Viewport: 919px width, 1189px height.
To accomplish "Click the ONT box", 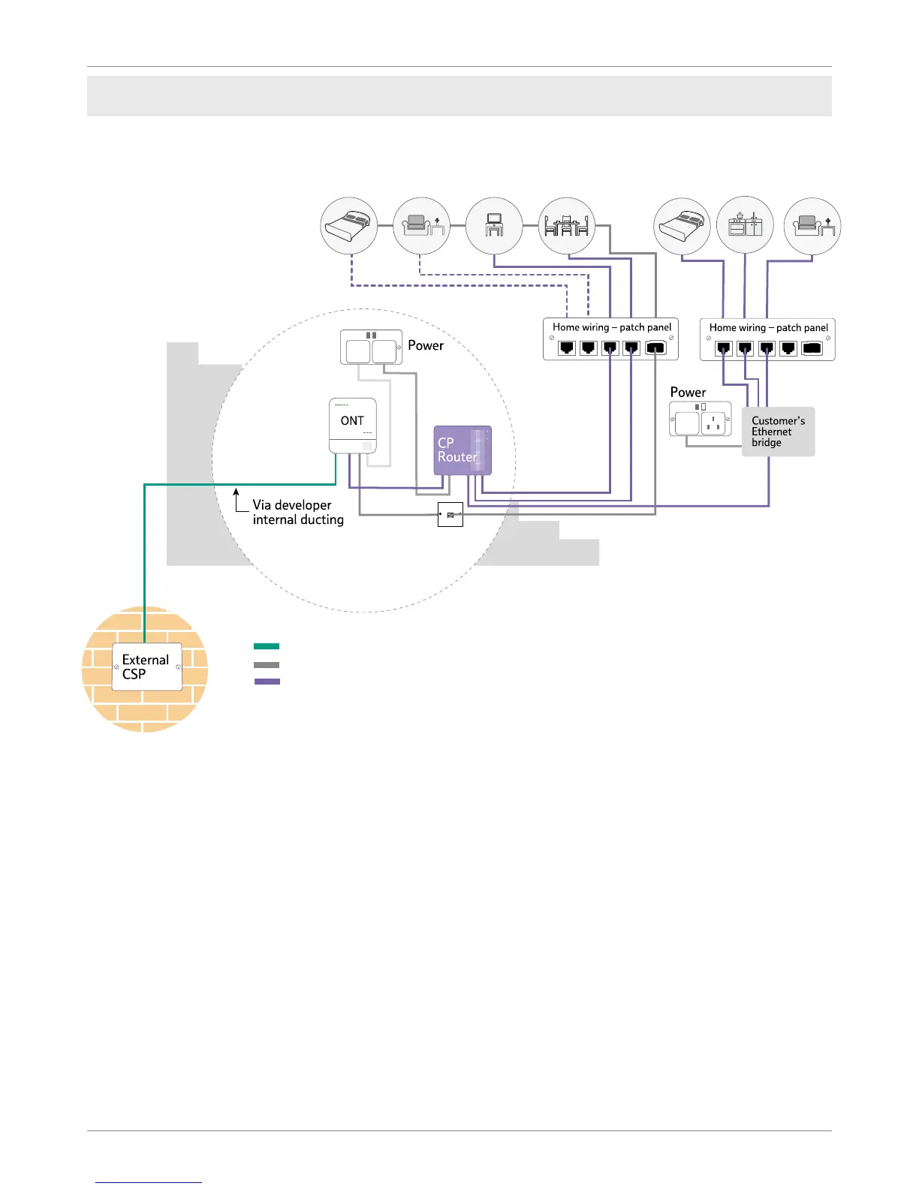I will coord(353,425).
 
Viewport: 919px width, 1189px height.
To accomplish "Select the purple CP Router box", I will coord(463,450).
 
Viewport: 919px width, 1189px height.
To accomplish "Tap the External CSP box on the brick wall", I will coord(147,667).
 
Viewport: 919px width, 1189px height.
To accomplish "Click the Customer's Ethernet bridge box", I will coord(778,432).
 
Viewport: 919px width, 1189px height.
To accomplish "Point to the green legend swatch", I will coord(267,646).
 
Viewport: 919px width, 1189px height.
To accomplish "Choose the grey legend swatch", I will coord(267,664).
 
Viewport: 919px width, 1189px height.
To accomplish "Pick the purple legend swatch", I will coord(267,682).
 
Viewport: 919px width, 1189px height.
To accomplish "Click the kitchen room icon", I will coord(745,226).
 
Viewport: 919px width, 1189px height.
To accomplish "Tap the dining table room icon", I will coord(567,226).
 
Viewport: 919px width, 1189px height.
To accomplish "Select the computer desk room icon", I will coord(494,226).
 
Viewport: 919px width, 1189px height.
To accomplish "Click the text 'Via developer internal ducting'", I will coord(298,512).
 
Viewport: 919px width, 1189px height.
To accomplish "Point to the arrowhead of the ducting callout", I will coord(236,492).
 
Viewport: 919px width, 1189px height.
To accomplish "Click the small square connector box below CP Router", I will coord(450,515).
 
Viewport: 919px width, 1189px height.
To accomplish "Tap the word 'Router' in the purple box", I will coord(457,457).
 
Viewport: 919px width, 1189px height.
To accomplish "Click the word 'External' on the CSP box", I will coord(146,660).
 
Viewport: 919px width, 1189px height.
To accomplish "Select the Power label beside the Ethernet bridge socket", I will coord(688,393).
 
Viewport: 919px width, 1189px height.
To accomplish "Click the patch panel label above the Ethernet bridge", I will coord(768,328).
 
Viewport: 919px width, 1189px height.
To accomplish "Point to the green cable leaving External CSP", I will coord(144,563).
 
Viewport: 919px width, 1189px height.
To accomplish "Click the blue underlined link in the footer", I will coord(149,1181).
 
